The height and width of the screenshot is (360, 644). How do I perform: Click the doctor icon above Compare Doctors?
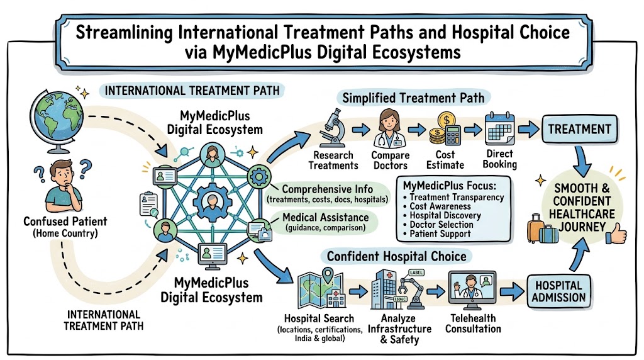[389, 128]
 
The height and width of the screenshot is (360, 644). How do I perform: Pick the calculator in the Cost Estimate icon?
[453, 135]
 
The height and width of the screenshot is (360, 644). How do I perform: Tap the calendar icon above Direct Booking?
[499, 128]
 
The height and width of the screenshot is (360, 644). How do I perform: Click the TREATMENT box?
[579, 129]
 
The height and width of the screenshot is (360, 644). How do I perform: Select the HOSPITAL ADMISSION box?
[558, 291]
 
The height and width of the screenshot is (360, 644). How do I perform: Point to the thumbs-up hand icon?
[617, 234]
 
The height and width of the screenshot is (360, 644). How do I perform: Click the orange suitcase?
[535, 228]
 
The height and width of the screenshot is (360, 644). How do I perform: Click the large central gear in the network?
[212, 203]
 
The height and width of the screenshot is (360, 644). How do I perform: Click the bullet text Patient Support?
[440, 234]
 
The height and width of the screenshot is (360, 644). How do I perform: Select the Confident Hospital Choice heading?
[397, 256]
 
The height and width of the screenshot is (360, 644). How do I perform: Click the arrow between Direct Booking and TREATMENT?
[528, 130]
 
